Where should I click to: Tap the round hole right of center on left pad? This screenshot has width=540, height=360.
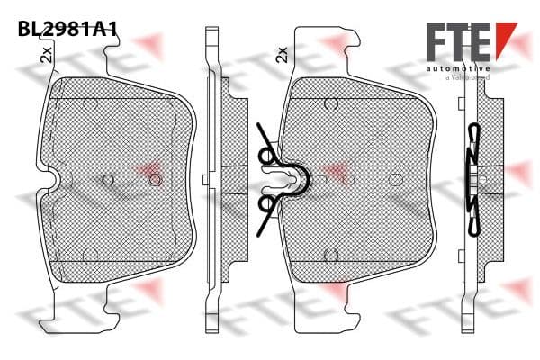154,180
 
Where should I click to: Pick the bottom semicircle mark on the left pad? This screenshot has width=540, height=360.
91,254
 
